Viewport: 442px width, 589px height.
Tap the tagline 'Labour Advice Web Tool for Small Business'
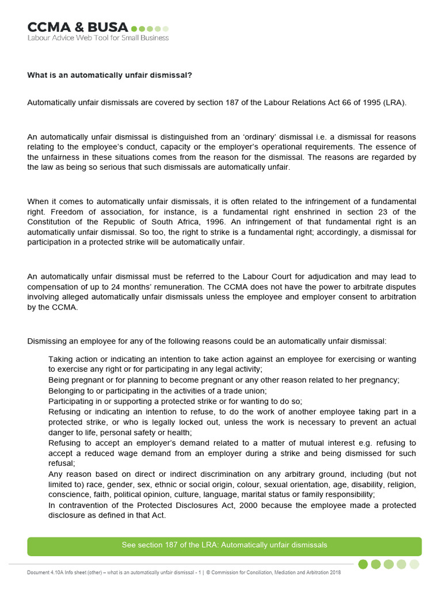98,38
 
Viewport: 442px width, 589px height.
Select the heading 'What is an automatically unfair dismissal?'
110,75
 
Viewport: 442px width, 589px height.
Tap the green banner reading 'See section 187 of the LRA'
224,545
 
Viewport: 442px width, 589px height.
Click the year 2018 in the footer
333,573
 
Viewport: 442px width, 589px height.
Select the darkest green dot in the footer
363,564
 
